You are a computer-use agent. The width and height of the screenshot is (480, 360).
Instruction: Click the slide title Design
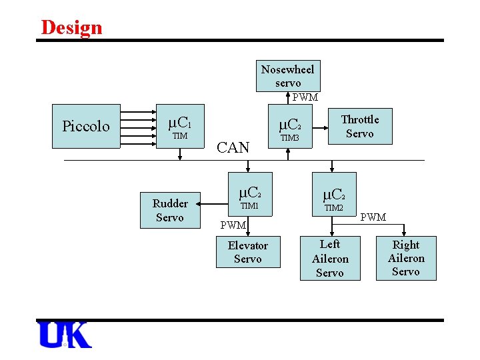click(71, 27)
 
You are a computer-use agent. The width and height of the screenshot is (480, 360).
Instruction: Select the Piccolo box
click(86, 126)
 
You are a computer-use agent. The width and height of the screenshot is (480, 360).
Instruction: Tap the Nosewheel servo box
click(288, 76)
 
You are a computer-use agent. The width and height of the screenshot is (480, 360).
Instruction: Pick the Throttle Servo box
click(359, 127)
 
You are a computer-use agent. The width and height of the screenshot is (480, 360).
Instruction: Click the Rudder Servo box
click(170, 210)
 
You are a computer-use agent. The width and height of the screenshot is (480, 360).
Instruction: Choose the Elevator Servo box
click(247, 252)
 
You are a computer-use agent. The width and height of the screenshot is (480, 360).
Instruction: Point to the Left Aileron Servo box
click(330, 259)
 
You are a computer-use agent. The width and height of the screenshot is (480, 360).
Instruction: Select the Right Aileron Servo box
click(405, 258)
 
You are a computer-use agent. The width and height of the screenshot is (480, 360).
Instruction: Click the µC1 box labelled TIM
click(179, 126)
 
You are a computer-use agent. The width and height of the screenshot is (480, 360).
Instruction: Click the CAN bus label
click(233, 147)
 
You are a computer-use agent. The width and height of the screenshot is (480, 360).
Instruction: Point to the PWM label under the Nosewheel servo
click(305, 97)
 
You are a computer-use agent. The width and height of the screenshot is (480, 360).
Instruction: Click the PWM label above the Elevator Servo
click(233, 225)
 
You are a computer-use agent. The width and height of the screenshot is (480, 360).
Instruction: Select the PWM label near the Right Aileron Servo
click(373, 217)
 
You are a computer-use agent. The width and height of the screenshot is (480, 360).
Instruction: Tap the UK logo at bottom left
click(65, 335)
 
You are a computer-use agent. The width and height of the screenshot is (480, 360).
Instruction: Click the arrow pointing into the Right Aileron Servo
click(404, 231)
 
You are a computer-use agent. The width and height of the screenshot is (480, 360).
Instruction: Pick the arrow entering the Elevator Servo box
click(247, 230)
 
